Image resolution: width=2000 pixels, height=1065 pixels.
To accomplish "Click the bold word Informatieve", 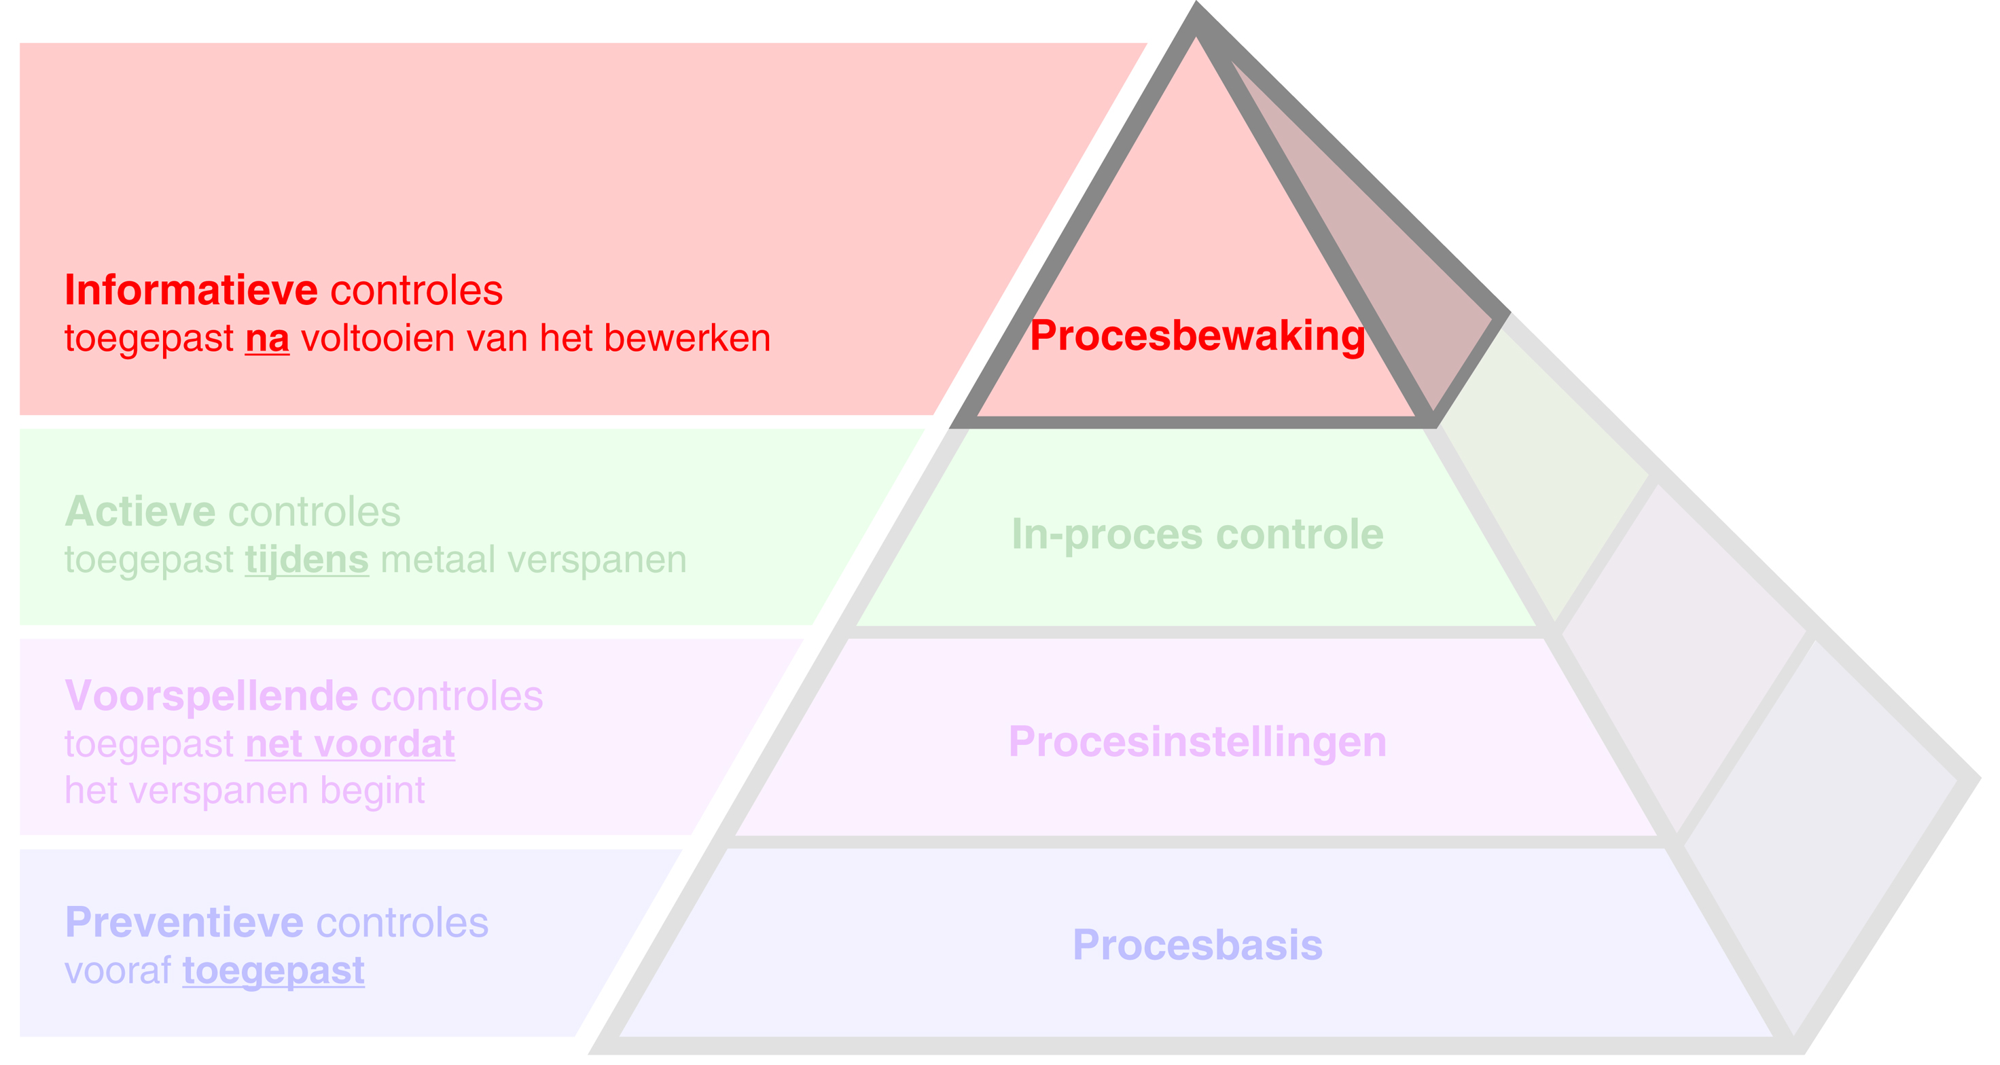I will [191, 290].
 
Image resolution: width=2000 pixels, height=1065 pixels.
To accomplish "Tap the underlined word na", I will [267, 339].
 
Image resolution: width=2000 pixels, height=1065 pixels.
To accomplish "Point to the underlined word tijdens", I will [306, 560].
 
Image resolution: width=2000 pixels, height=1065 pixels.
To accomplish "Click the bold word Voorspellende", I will [211, 696].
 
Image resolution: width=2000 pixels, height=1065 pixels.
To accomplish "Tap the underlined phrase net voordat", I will [350, 744].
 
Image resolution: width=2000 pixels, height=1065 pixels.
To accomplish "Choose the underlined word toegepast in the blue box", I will [273, 971].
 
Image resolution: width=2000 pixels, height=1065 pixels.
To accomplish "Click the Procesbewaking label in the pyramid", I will [1196, 336].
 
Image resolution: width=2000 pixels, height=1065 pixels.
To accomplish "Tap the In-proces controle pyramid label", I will [1196, 534].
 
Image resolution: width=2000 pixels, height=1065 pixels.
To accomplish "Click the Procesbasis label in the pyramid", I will [1196, 945].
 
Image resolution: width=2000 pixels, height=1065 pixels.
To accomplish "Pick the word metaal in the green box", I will [437, 560].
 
